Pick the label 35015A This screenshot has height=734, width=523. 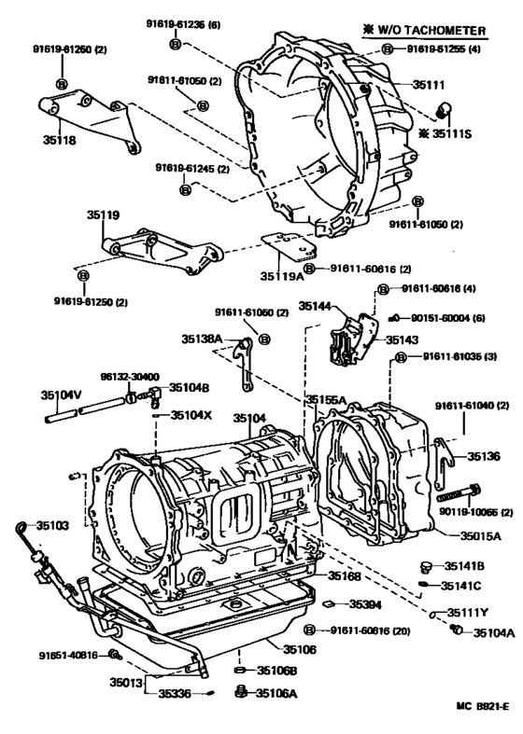[x=480, y=536]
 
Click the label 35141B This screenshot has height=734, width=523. [x=463, y=566]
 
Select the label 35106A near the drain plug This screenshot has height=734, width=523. [x=276, y=693]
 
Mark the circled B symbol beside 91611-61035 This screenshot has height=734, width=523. [x=400, y=357]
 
